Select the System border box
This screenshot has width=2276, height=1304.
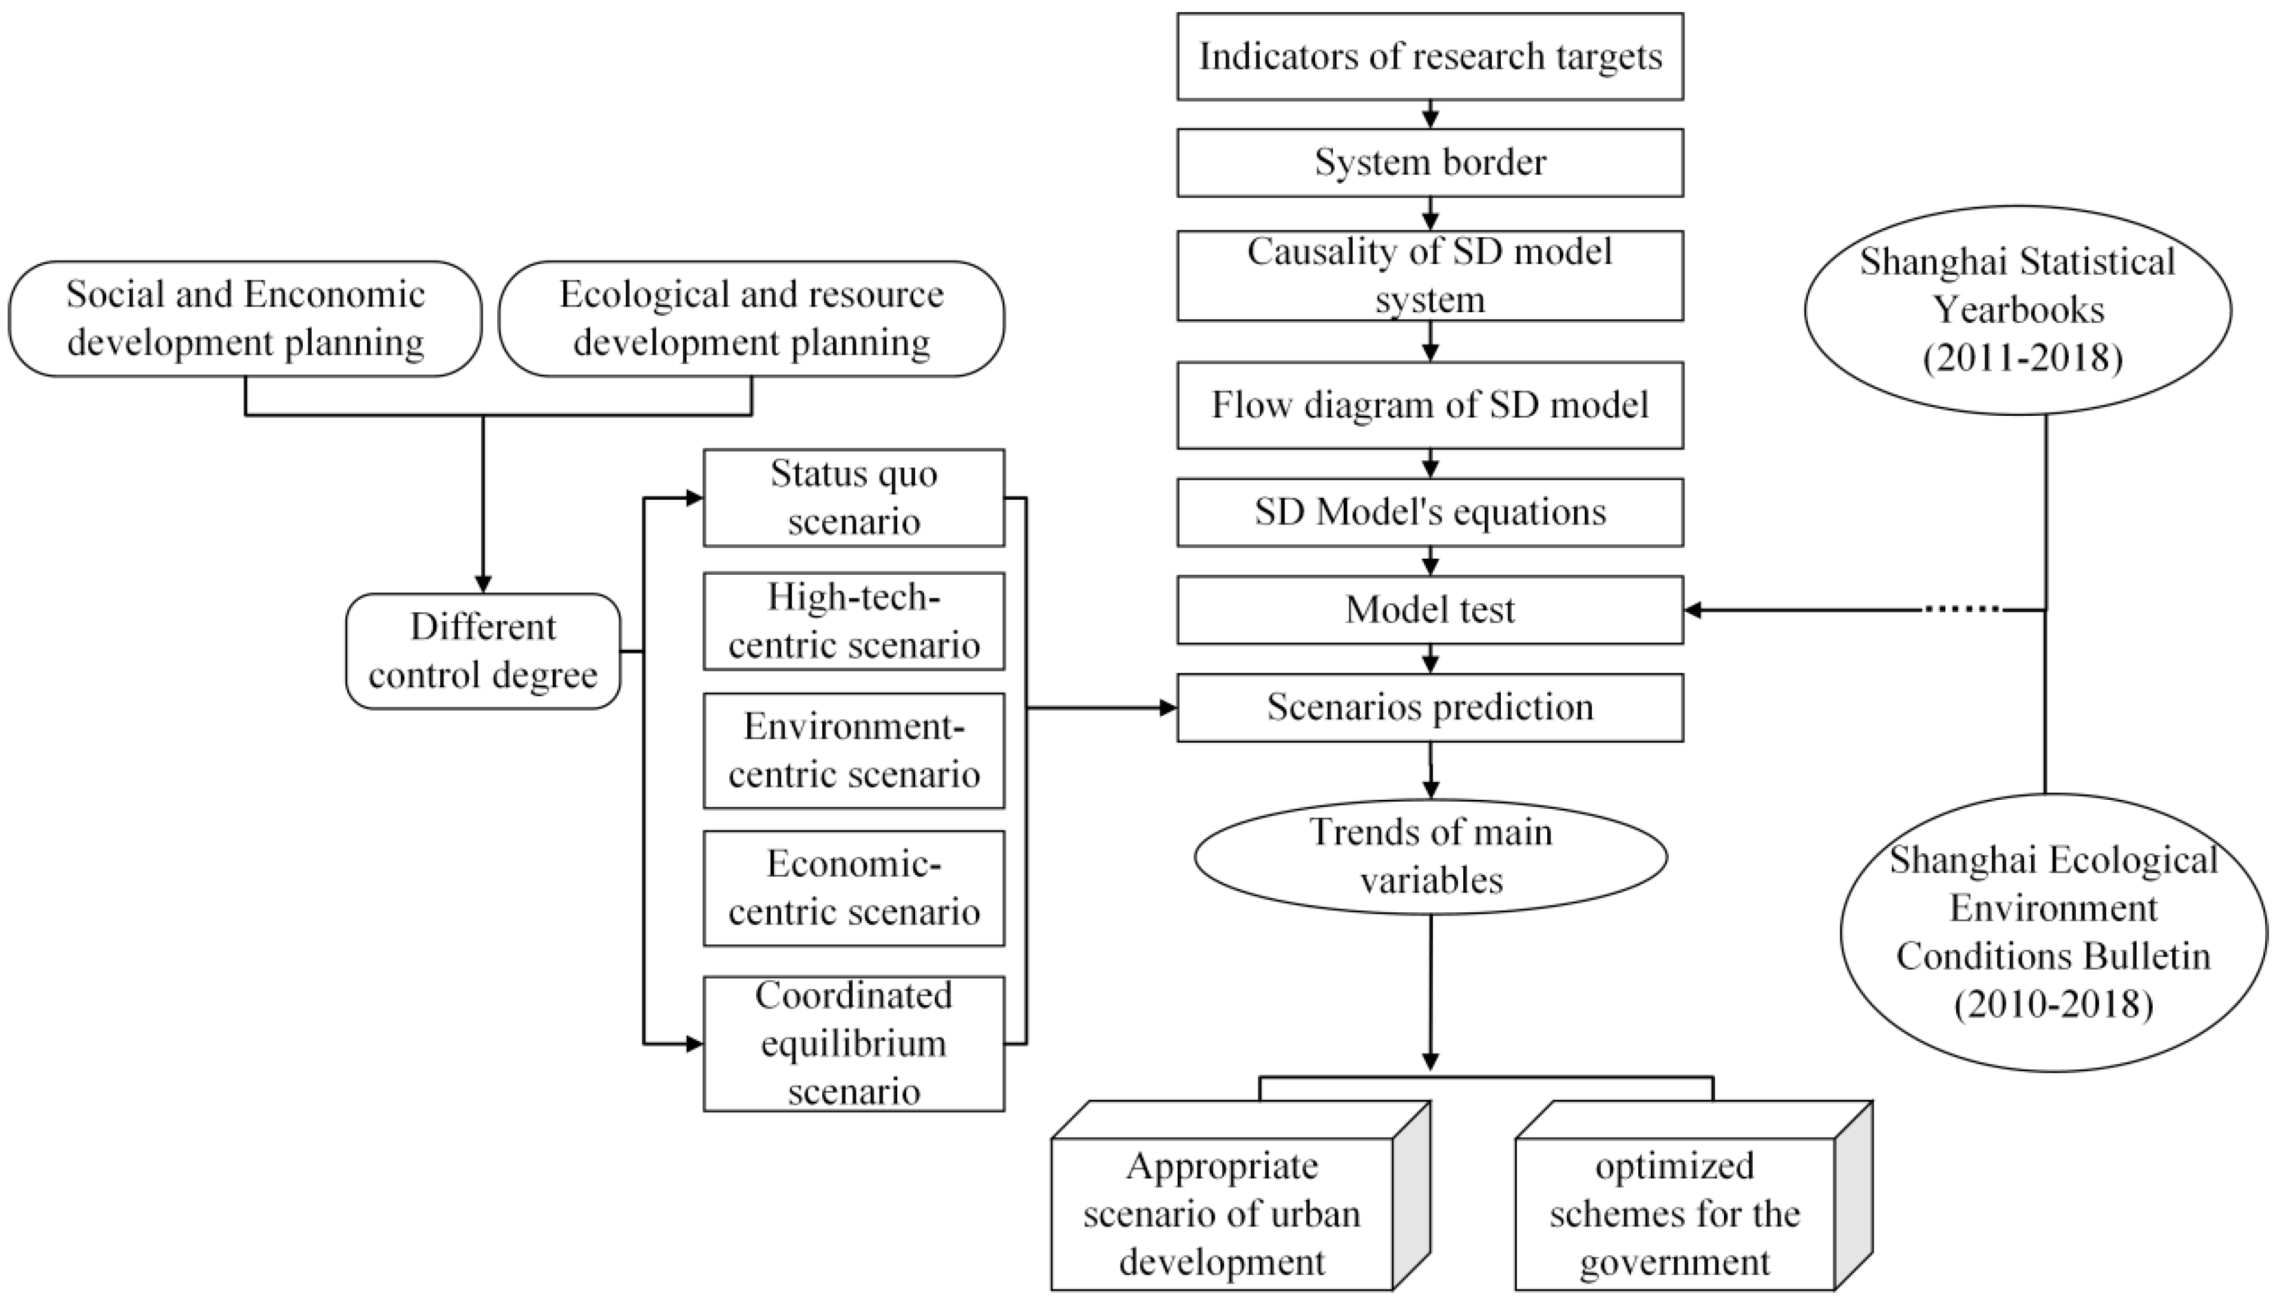pyautogui.click(x=1430, y=162)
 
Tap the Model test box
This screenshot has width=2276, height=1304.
pyautogui.click(x=1430, y=610)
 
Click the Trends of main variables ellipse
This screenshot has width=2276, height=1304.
pyautogui.click(x=1430, y=856)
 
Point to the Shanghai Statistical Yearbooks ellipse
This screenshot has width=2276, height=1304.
pyautogui.click(x=2017, y=310)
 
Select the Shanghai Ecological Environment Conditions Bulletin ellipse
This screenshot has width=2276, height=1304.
pyautogui.click(x=2053, y=932)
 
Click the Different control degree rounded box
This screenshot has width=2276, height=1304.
pyautogui.click(x=483, y=651)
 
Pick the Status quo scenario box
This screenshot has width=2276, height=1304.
pyautogui.click(x=853, y=498)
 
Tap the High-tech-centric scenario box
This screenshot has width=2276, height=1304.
pyautogui.click(x=853, y=621)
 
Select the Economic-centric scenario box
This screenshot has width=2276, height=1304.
pyautogui.click(x=853, y=888)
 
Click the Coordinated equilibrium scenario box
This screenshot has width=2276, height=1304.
pyautogui.click(x=853, y=1043)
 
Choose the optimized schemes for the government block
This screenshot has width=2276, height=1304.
pyautogui.click(x=1675, y=1214)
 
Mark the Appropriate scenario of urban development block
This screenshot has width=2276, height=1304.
pyautogui.click(x=1222, y=1214)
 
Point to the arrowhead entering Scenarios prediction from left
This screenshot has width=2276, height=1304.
pyautogui.click(x=1167, y=708)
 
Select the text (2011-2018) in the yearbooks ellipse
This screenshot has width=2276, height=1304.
pyautogui.click(x=2022, y=358)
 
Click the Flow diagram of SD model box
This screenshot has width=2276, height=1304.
pyautogui.click(x=1430, y=405)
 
